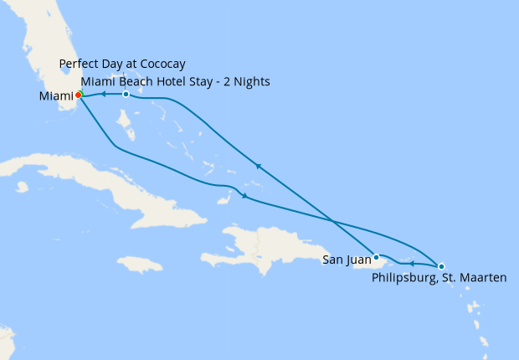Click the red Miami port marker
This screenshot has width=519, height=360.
coord(78,95)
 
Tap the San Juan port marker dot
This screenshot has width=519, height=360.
coord(377,257)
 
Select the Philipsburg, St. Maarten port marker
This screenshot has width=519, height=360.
coord(441,266)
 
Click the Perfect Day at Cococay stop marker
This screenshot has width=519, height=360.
coord(126,94)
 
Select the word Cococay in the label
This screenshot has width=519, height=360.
coord(162,64)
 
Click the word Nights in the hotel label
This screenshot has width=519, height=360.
coord(254,81)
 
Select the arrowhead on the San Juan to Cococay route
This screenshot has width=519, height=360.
coord(259,167)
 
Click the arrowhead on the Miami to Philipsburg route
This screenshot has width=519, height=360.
coord(244,197)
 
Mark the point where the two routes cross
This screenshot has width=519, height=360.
coord(333,222)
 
